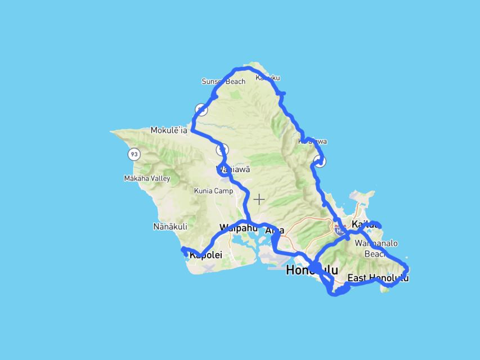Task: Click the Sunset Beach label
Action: pos(223,82)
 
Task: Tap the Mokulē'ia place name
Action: pos(168,130)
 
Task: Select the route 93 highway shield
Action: pos(133,154)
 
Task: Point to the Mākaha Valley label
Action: pos(146,178)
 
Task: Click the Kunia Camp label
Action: pos(213,191)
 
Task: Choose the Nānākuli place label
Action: pos(170,227)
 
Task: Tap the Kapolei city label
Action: pos(206,255)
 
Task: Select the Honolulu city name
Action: pos(312,270)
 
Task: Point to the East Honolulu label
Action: pos(378,278)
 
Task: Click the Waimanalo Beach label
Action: pos(376,249)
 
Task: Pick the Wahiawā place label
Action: pos(234,169)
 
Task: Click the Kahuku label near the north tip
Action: pos(267,78)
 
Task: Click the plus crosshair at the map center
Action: pos(259,199)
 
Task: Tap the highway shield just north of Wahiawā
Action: pos(223,150)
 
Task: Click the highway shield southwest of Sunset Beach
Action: pos(201,109)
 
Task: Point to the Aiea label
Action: pos(275,230)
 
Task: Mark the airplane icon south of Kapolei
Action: pos(209,267)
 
